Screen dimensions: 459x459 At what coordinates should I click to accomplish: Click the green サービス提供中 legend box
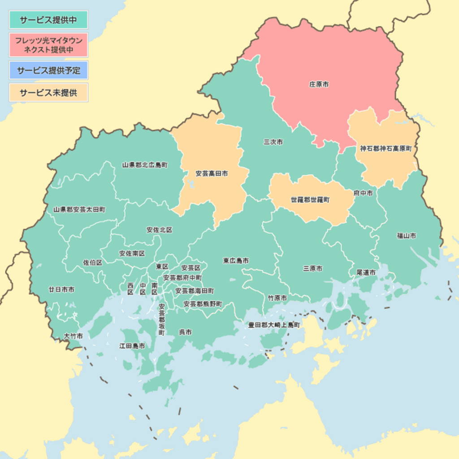(x=48, y=20)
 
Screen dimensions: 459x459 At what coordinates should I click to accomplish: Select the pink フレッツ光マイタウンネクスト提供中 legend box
(x=48, y=45)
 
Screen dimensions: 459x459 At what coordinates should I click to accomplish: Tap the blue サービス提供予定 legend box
(x=48, y=70)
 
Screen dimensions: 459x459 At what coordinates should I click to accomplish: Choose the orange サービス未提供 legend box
(x=48, y=93)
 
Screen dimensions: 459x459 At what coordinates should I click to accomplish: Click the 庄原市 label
(x=319, y=84)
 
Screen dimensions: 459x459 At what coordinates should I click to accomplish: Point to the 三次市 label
(x=273, y=142)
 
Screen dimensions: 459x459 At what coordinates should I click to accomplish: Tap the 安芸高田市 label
(x=212, y=173)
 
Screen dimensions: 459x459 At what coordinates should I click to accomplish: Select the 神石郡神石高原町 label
(x=385, y=148)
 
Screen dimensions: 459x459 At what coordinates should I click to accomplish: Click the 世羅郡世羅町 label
(x=310, y=200)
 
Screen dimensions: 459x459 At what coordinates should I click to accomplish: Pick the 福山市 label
(x=406, y=235)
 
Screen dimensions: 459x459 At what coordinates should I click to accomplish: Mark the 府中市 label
(x=363, y=193)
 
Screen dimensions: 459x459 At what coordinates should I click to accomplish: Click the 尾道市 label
(x=366, y=272)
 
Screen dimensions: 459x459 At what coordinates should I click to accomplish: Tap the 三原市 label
(x=312, y=268)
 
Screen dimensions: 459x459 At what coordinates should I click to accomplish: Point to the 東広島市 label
(x=236, y=260)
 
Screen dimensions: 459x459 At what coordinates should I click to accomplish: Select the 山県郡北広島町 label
(x=145, y=165)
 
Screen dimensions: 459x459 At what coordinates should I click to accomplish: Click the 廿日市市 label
(x=62, y=290)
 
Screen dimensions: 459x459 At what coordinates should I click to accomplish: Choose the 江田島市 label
(x=132, y=346)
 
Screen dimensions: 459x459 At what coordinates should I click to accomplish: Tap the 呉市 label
(x=185, y=332)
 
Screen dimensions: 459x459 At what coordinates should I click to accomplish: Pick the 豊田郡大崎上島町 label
(x=274, y=324)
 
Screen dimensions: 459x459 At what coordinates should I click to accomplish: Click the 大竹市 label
(x=73, y=335)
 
